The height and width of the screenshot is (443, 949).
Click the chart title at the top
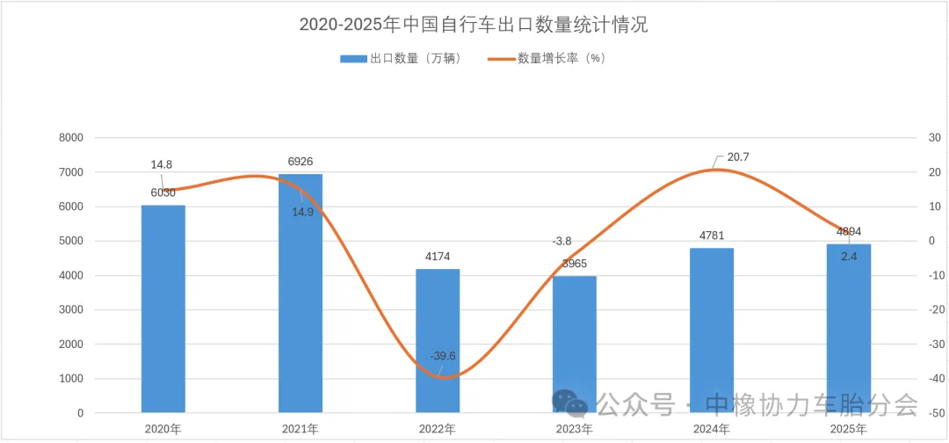[x=474, y=25]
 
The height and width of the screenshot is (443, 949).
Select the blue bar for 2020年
[x=163, y=309]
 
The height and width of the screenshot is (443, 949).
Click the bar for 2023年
[x=575, y=344]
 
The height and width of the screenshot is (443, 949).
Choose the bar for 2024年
[x=712, y=330]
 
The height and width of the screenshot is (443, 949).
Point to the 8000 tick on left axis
[x=70, y=138]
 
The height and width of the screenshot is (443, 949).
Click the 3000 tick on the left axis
[x=70, y=309]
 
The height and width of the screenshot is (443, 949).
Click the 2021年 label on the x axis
[x=301, y=429]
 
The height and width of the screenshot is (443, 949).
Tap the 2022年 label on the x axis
[x=438, y=429]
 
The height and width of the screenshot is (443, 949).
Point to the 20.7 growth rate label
[x=738, y=157]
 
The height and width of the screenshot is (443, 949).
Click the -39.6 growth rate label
[x=443, y=356]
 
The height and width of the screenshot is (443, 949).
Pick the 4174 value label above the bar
[x=438, y=257]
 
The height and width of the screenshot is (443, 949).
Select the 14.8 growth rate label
[x=161, y=164]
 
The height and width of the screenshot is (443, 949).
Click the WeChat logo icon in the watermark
[x=570, y=403]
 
